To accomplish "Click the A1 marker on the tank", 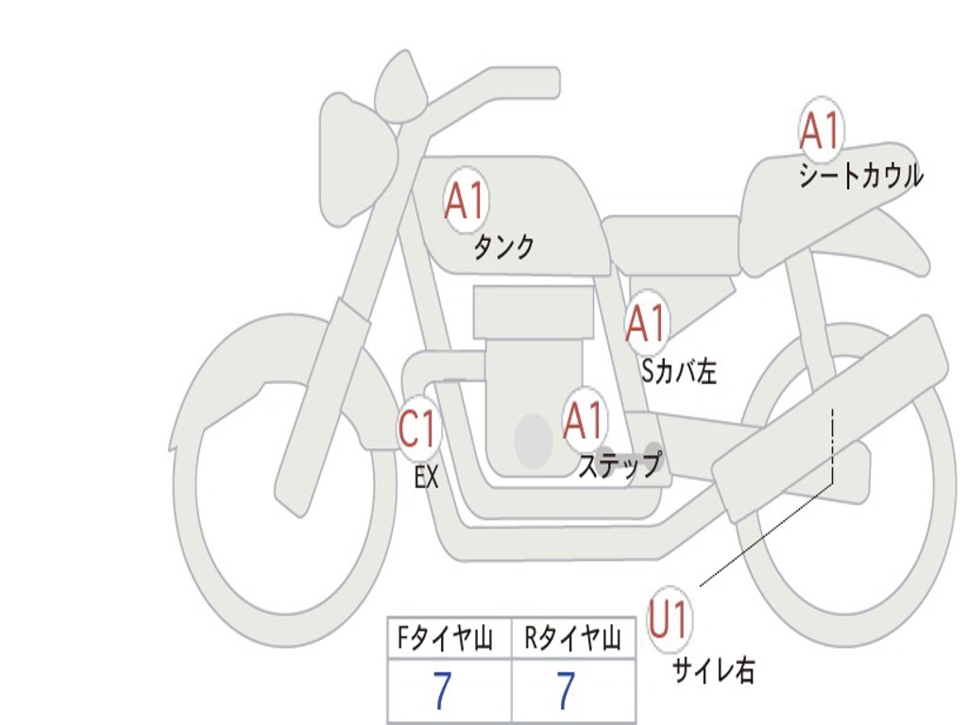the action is [467, 200].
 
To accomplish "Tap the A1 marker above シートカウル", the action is [821, 129].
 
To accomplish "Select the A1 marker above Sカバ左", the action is [646, 323].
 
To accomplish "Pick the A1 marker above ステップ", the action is [584, 420].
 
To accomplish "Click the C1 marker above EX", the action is [418, 429].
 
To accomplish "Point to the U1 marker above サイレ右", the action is [669, 618].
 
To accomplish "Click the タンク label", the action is [503, 246].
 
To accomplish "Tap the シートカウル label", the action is [861, 176].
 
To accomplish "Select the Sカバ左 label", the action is [679, 371].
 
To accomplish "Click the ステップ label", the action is [620, 465].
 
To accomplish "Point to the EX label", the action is [427, 477].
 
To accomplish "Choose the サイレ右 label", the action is [714, 670].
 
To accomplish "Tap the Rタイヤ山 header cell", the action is [573, 637].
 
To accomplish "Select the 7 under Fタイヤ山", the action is [442, 690].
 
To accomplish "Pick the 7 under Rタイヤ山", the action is [566, 690].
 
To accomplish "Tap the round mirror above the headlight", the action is [401, 86].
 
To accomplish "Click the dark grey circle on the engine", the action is [534, 440].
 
